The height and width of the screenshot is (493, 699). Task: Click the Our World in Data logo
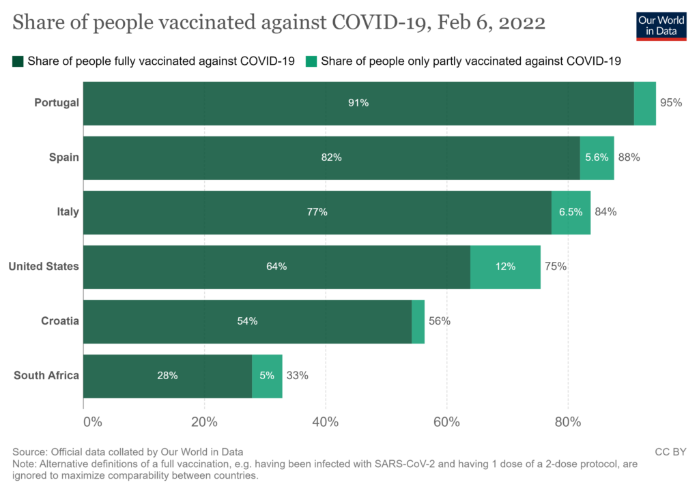(x=661, y=25)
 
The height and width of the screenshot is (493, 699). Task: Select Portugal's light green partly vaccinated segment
(x=644, y=103)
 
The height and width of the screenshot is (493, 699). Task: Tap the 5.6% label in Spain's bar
(x=597, y=158)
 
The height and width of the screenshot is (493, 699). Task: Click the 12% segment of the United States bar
(x=505, y=267)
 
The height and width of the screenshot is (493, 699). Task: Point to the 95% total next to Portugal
(x=671, y=103)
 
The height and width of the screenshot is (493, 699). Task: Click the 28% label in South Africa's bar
(x=167, y=376)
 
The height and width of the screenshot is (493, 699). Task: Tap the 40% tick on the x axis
(x=326, y=421)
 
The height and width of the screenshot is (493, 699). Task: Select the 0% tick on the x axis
(x=92, y=421)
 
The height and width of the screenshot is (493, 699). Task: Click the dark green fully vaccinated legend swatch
(x=18, y=61)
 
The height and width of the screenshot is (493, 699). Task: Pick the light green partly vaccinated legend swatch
(x=311, y=61)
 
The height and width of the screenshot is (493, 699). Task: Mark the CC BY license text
(x=671, y=451)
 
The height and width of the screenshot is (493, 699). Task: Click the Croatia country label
(x=60, y=321)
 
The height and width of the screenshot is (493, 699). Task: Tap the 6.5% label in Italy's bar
(x=571, y=212)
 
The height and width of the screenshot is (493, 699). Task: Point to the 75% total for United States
(x=556, y=267)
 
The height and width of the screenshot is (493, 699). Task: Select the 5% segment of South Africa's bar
(x=267, y=376)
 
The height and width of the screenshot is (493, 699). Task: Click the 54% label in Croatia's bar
(x=247, y=321)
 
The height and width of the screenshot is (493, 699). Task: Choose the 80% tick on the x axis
(x=568, y=421)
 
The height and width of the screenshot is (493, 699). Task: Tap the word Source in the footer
(x=27, y=451)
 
